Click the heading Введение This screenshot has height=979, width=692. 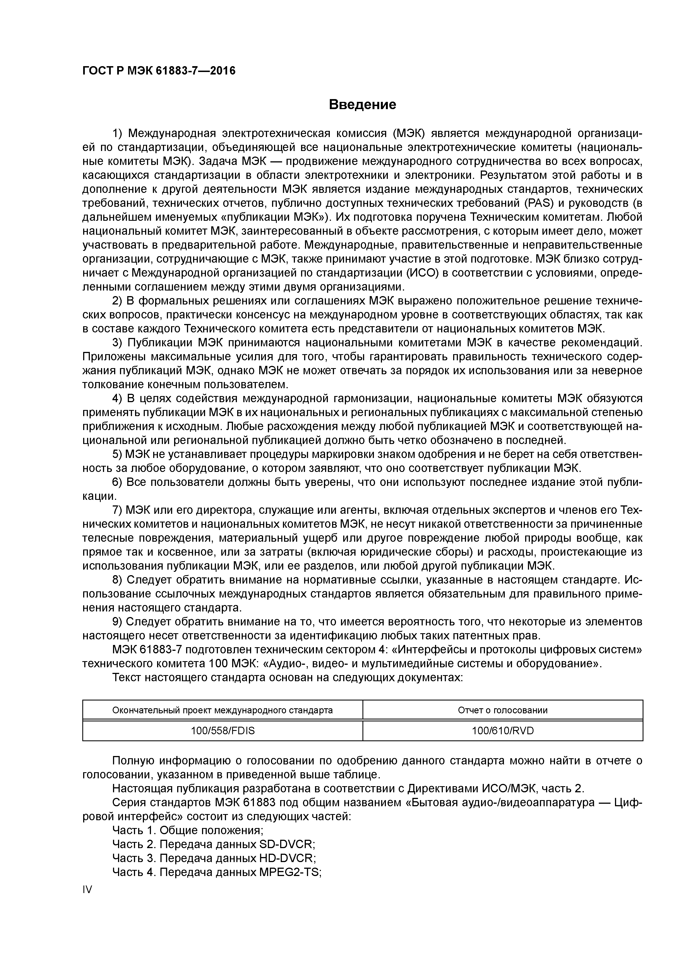362,104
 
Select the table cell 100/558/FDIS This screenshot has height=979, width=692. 223,731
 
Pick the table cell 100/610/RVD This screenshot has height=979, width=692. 503,731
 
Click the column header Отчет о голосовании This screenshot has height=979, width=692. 503,710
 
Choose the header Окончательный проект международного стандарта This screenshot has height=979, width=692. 223,710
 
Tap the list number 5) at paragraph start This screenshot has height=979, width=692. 117,455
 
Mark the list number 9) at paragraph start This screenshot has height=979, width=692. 117,622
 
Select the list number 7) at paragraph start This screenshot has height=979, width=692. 117,510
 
